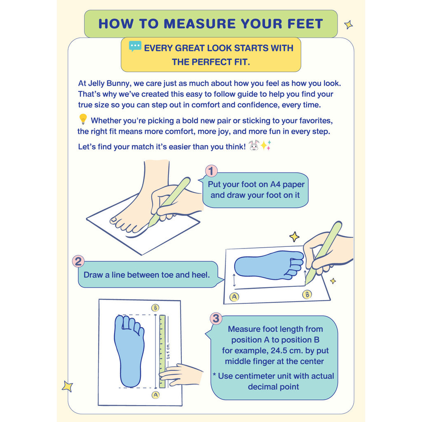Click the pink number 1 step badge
point(211,171)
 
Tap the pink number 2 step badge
point(78,261)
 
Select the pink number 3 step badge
point(216,319)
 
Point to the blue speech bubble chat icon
point(135,46)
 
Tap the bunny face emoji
point(253,145)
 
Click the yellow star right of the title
point(349,25)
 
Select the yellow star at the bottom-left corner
point(67,386)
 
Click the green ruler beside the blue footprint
point(162,352)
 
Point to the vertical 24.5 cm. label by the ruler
point(168,351)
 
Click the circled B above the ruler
point(155,307)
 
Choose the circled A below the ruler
point(155,395)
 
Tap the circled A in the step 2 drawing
point(234,297)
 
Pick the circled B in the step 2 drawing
point(307,294)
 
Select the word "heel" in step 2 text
point(200,275)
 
